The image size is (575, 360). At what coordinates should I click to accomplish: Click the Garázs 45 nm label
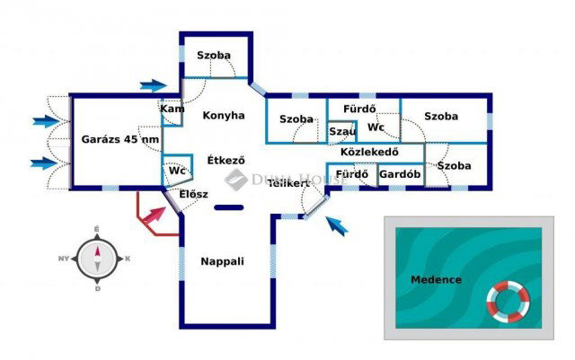tap(120, 140)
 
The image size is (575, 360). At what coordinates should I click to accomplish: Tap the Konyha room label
tap(224, 116)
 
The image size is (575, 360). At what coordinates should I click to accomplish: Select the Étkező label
tap(226, 162)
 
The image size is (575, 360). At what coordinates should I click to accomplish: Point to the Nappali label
tap(223, 261)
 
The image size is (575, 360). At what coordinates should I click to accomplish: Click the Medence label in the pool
tap(436, 280)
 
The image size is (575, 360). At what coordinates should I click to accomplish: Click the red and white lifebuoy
tap(509, 303)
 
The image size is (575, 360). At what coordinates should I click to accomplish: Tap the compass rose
tap(96, 259)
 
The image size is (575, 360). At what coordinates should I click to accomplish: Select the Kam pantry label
tap(172, 109)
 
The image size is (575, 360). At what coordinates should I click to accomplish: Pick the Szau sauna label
tap(341, 131)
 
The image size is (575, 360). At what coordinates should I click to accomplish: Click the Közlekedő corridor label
tap(369, 152)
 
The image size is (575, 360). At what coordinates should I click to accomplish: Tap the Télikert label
tap(288, 183)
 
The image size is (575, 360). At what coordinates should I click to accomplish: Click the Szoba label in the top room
tap(215, 56)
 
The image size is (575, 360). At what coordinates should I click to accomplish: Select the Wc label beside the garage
tap(177, 170)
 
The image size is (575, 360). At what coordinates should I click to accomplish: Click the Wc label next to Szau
tap(376, 127)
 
